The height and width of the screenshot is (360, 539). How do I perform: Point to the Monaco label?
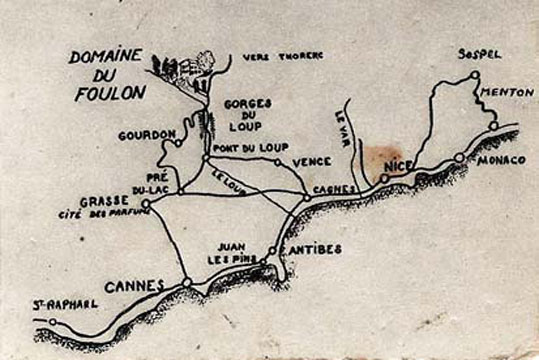point(500,160)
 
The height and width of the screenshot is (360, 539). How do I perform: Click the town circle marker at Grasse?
point(146,204)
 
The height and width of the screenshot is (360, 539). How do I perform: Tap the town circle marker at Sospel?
point(475,75)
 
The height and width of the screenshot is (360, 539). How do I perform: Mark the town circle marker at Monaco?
point(460,157)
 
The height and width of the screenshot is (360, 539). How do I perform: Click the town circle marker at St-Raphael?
point(53,322)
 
